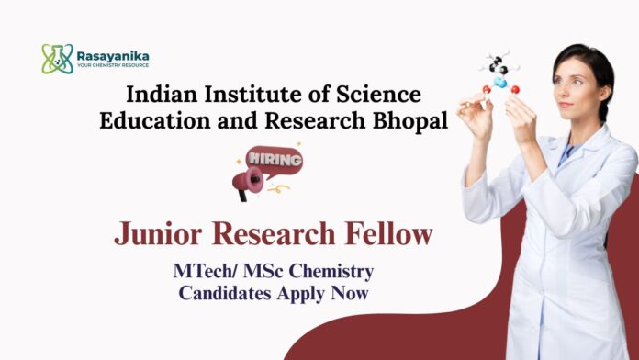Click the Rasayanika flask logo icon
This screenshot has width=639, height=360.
tap(57, 59)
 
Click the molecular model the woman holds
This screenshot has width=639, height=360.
tap(499, 73)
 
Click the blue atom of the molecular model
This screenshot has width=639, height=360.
tap(500, 82)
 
